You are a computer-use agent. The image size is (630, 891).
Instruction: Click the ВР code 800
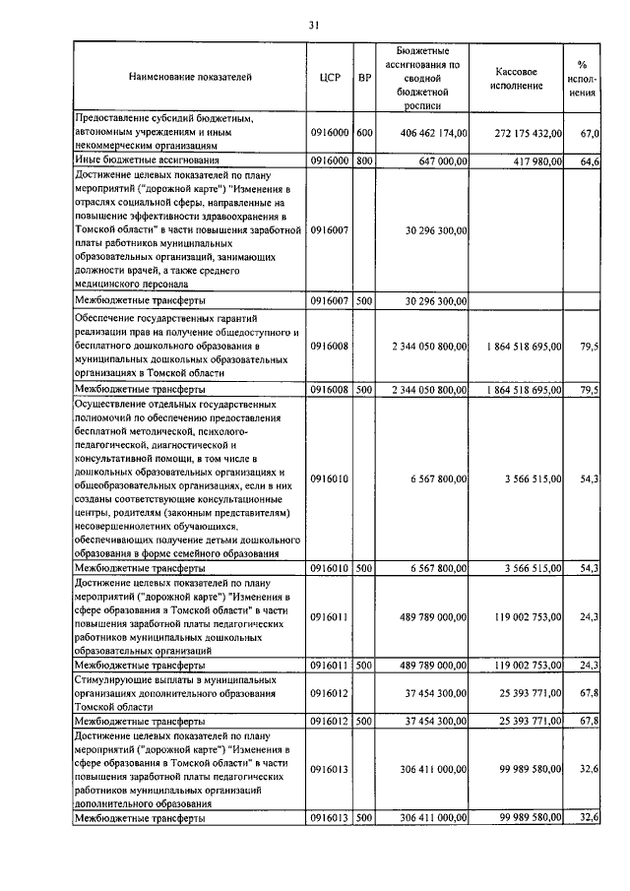tap(364, 159)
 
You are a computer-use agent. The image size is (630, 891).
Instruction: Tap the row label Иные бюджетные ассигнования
tap(147, 159)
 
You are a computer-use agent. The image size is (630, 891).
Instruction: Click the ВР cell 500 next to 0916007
tap(364, 300)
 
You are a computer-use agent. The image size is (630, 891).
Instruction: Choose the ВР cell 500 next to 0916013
tap(364, 818)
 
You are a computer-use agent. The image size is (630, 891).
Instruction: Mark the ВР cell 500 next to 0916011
tap(364, 665)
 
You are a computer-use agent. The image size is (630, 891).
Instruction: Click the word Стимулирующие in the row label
tap(112, 679)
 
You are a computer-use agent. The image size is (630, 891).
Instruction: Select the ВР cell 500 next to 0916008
tap(364, 390)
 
